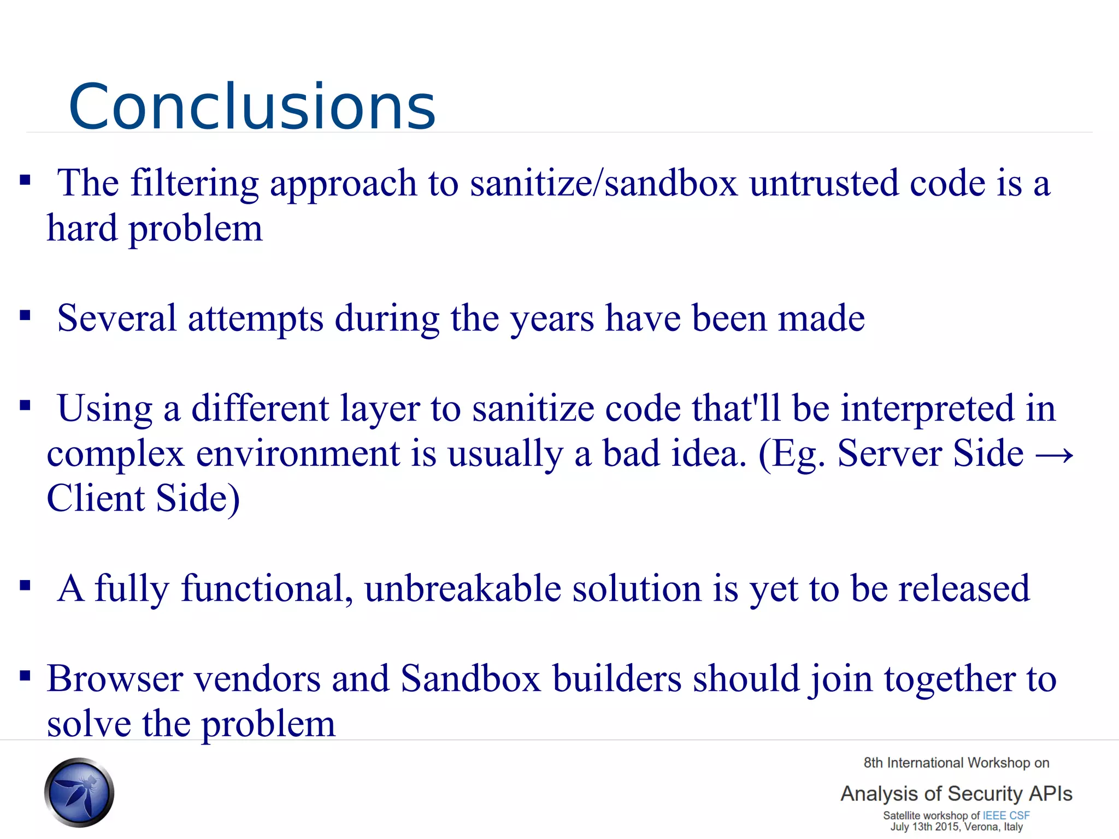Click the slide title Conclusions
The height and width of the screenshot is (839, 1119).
(x=252, y=107)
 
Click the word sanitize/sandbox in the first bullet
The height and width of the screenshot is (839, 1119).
(x=603, y=184)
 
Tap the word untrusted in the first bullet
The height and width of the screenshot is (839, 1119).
(x=823, y=184)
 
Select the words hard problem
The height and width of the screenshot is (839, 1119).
(x=155, y=228)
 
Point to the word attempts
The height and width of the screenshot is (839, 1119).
(x=255, y=318)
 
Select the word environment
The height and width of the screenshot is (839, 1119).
(x=298, y=454)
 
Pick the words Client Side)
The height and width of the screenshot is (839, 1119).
(x=143, y=499)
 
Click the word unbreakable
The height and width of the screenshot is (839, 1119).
(x=463, y=589)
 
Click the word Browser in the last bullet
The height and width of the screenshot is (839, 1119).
(x=115, y=679)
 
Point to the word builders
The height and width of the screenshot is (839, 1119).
(x=617, y=679)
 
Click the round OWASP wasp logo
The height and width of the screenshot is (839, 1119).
(x=79, y=792)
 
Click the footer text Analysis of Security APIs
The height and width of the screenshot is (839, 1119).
(x=956, y=794)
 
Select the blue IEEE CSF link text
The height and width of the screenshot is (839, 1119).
(x=1006, y=816)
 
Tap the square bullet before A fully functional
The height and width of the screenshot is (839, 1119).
(x=25, y=586)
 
